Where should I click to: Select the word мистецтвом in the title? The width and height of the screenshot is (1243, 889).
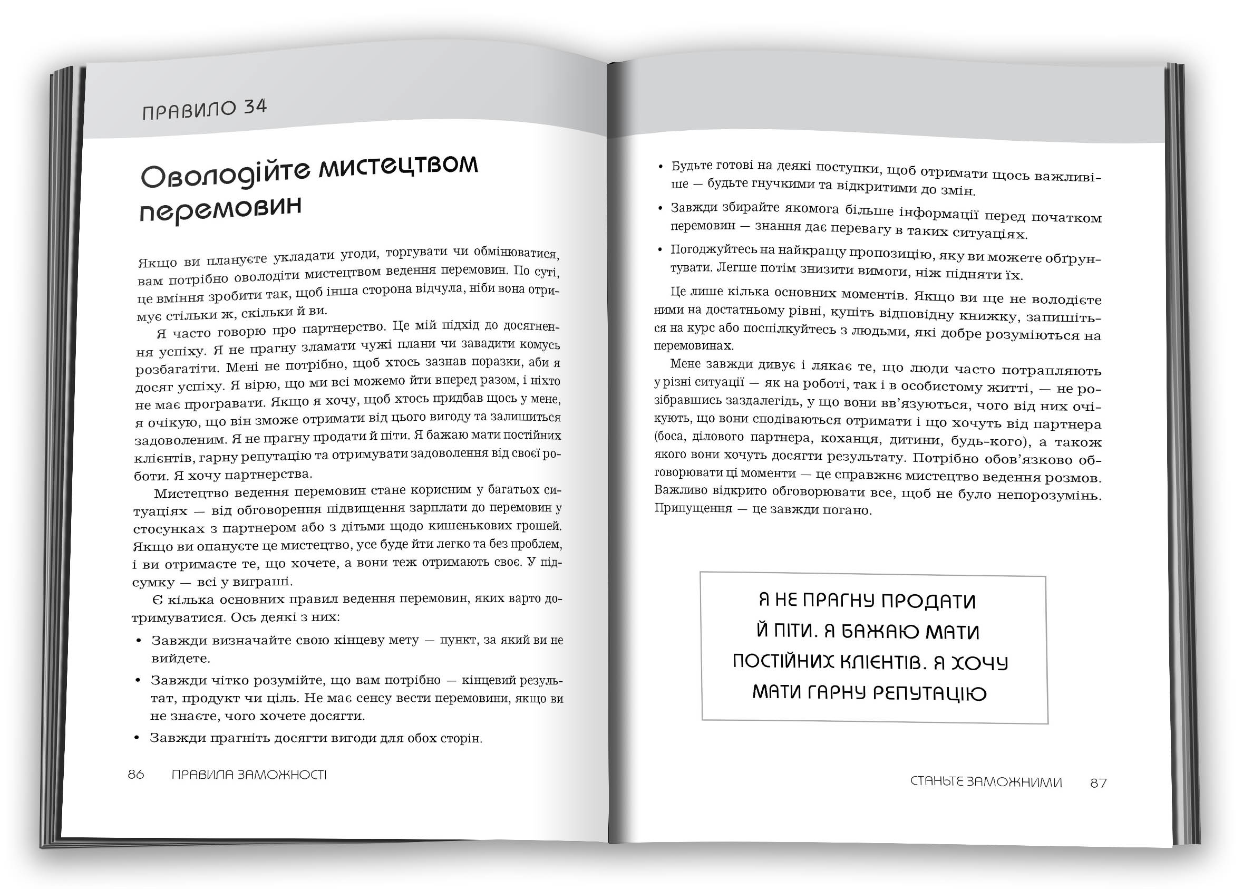click(x=399, y=165)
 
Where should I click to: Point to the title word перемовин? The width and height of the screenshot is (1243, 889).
click(x=220, y=210)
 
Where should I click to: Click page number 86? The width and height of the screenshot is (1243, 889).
click(x=136, y=774)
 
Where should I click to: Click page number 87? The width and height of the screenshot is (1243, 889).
click(x=1098, y=783)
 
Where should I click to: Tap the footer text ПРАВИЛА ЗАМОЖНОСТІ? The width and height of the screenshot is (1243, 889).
click(x=249, y=775)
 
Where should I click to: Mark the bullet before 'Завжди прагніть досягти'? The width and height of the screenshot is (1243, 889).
click(x=138, y=738)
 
